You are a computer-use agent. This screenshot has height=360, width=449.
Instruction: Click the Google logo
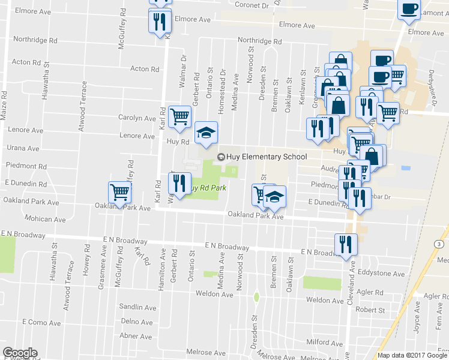[x=20, y=352]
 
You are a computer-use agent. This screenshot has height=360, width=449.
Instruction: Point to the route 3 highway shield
[x=439, y=244]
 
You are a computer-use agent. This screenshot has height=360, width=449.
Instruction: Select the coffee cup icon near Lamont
[x=409, y=10]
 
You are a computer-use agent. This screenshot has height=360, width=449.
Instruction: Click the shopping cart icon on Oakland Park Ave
[x=119, y=193]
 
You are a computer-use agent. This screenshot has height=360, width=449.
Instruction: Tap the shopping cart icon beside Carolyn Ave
[x=179, y=117]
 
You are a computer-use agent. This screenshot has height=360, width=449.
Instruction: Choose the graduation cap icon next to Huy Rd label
[x=206, y=132]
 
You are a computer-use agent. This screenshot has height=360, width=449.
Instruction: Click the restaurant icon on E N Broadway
[x=345, y=244]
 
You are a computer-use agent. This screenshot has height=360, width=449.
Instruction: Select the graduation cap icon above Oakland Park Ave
[x=275, y=196]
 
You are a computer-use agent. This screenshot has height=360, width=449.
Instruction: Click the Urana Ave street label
[x=23, y=148]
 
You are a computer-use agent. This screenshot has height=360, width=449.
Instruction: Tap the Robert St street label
[x=370, y=310]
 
